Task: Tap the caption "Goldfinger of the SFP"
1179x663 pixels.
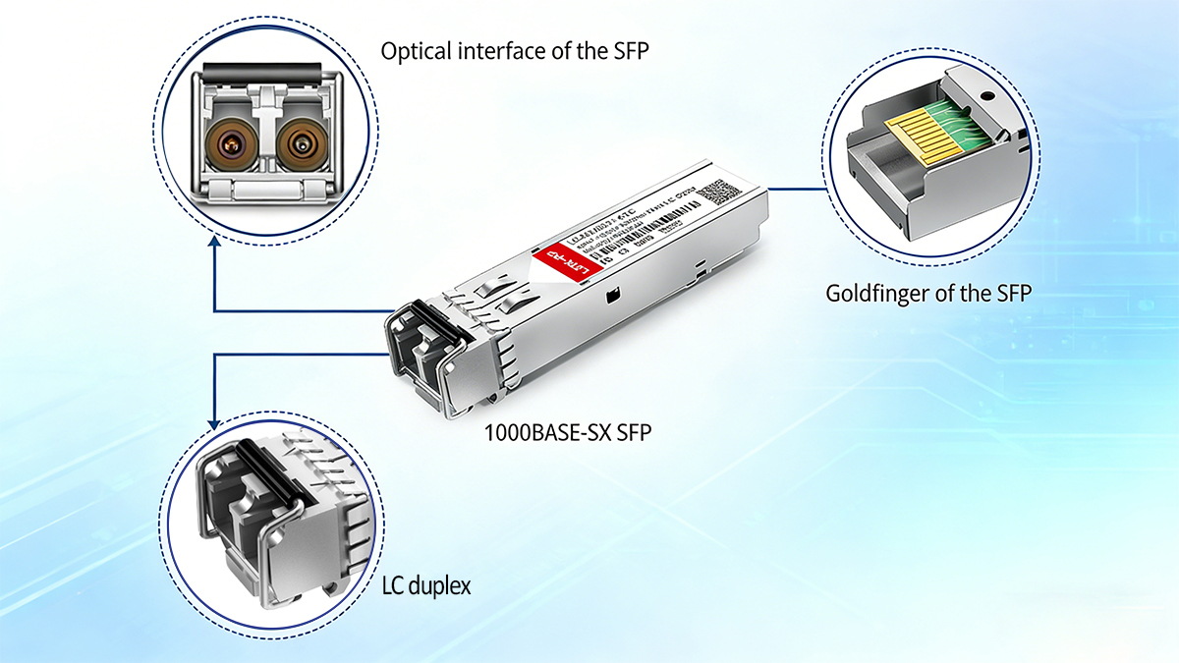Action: [x=928, y=293]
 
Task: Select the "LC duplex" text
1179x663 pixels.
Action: [x=425, y=586]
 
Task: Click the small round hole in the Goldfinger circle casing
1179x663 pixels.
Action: [x=983, y=97]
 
